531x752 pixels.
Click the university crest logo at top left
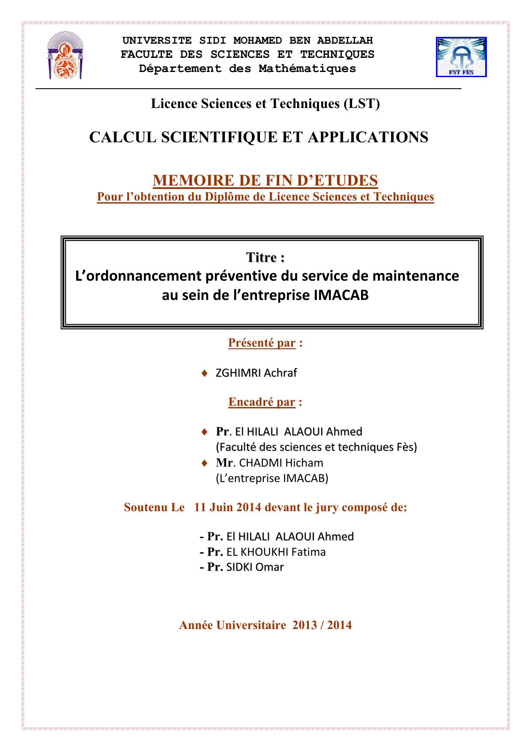pyautogui.click(x=64, y=58)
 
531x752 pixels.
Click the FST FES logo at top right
pyautogui.click(x=461, y=57)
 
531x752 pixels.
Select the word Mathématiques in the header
pyautogui.click(x=307, y=69)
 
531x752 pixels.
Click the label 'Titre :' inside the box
pyautogui.click(x=265, y=258)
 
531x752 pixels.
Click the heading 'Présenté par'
pyautogui.click(x=262, y=343)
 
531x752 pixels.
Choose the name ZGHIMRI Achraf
pyautogui.click(x=256, y=373)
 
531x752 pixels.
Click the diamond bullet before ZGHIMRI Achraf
pyautogui.click(x=205, y=373)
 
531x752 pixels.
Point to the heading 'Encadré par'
pyautogui.click(x=262, y=402)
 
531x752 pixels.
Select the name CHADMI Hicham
pyautogui.click(x=281, y=463)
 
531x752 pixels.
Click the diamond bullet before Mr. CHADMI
pyautogui.click(x=205, y=463)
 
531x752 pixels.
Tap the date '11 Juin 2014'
pyautogui.click(x=227, y=507)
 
